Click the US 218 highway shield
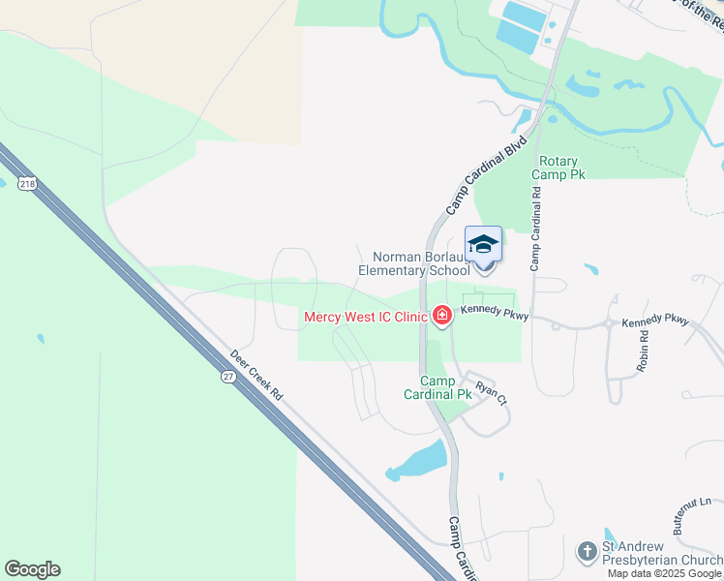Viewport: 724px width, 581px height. (x=28, y=183)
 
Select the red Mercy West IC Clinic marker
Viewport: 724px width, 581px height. (x=442, y=316)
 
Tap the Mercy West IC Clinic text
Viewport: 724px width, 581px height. (x=366, y=317)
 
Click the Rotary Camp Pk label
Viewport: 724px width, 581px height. (x=562, y=167)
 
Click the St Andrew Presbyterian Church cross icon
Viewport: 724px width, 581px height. (x=587, y=552)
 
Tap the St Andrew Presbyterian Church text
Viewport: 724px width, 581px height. (x=661, y=553)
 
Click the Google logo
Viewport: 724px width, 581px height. (x=32, y=569)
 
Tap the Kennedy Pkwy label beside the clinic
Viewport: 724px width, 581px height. (x=494, y=311)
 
